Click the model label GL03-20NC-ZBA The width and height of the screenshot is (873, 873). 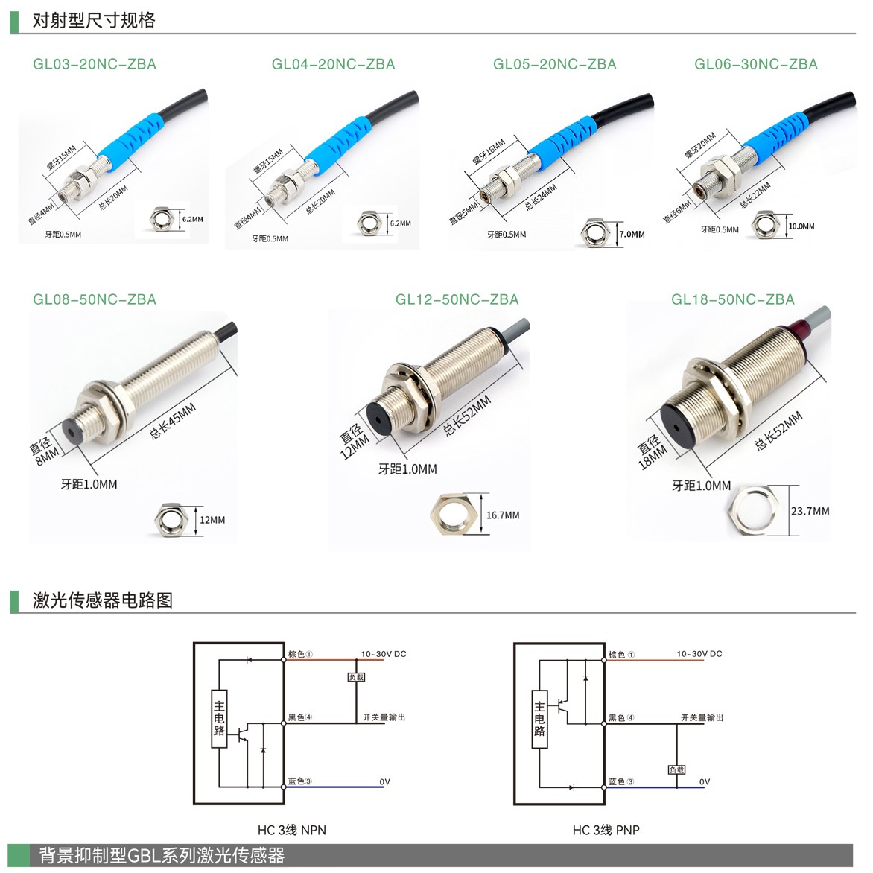94,64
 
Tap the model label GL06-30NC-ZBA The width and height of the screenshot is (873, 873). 755,64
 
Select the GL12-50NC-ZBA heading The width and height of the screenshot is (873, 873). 457,299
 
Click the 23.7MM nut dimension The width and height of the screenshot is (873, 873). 810,511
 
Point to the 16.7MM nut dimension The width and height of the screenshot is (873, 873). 503,515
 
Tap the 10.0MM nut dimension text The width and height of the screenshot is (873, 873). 801,226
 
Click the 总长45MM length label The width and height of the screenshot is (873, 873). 173,421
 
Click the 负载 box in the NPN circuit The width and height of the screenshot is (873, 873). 356,677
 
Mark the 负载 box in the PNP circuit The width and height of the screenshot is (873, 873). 676,770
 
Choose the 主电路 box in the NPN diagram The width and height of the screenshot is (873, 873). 219,719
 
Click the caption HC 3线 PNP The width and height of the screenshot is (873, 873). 606,830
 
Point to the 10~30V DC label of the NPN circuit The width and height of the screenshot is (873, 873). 384,654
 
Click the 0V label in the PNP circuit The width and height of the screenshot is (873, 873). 705,781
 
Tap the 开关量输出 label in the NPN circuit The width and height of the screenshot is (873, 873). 384,717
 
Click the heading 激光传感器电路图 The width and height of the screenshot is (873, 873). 103,600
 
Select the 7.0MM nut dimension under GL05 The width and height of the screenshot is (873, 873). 632,235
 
